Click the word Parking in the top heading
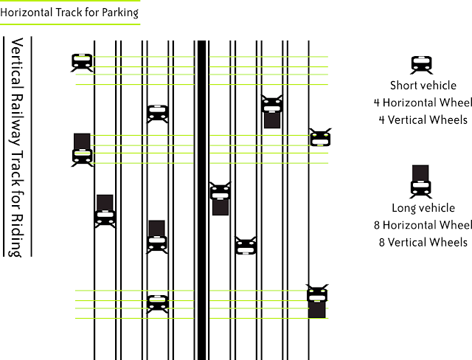120,13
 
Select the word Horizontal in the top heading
27,13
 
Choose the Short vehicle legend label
423,86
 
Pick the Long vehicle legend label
423,208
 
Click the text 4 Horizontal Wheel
423,103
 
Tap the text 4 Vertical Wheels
423,120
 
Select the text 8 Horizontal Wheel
423,225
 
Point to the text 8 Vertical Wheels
423,242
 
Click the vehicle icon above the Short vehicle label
421,65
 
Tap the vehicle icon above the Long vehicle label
420,181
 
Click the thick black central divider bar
201,200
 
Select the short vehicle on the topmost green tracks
82,63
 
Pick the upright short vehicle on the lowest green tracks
157,305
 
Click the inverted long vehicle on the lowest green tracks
317,301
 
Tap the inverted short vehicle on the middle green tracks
320,137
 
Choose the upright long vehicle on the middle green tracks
82,150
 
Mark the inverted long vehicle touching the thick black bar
221,198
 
